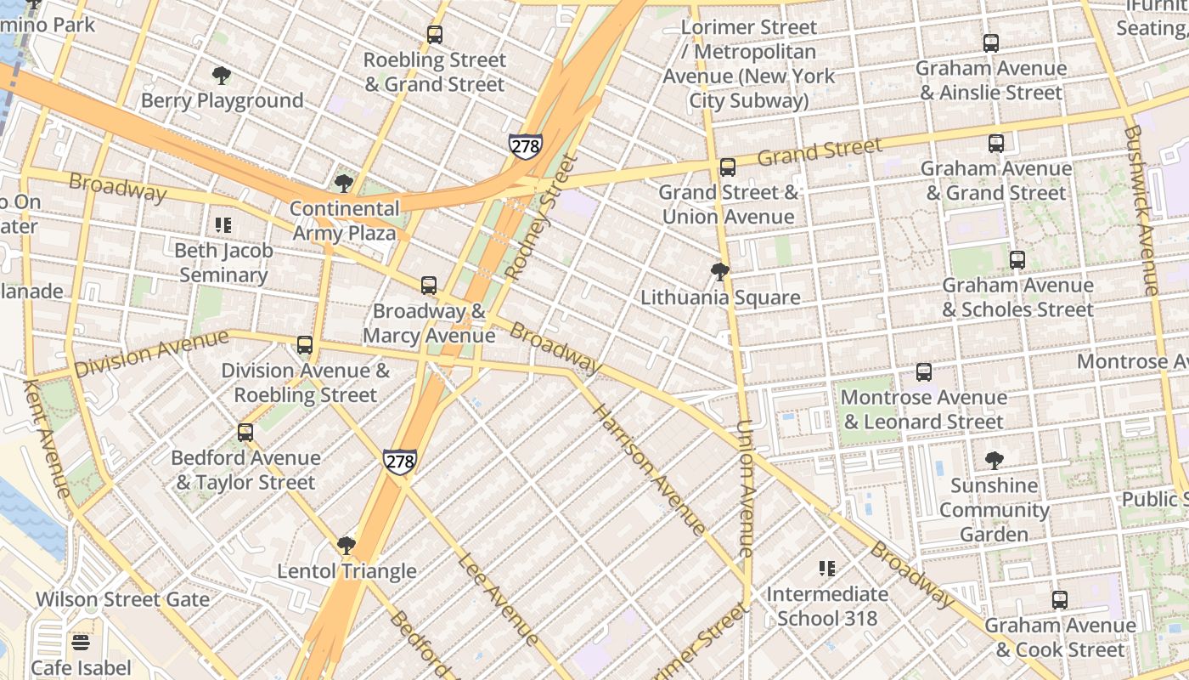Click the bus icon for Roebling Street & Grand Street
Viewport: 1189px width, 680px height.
(x=435, y=35)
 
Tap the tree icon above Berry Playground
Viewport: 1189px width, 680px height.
(x=222, y=76)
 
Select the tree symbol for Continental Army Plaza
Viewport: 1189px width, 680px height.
(x=344, y=184)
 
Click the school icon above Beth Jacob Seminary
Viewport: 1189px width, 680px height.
(x=223, y=225)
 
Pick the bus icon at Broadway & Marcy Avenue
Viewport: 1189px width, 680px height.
(x=429, y=286)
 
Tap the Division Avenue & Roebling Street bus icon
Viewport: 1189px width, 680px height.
(x=305, y=345)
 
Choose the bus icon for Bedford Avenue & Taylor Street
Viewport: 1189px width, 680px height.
(x=245, y=433)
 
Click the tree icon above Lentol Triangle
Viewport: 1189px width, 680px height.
(x=346, y=546)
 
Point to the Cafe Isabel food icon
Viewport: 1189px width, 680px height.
(x=82, y=643)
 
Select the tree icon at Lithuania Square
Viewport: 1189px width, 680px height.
(x=720, y=272)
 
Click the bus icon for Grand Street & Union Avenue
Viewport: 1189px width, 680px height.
(x=728, y=167)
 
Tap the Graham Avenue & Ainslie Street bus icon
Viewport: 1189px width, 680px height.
(x=990, y=43)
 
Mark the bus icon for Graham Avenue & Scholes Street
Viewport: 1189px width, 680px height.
(x=1017, y=260)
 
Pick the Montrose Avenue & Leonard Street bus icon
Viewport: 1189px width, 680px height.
(x=924, y=372)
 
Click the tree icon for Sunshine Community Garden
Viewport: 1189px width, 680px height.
(x=994, y=461)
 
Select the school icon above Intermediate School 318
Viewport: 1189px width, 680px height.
(x=827, y=569)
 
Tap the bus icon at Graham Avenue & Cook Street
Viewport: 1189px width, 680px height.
(x=1060, y=600)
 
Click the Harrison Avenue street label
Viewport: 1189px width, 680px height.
(x=648, y=470)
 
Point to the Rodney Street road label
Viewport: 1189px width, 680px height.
(x=540, y=218)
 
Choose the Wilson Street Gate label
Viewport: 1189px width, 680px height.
(x=122, y=599)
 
